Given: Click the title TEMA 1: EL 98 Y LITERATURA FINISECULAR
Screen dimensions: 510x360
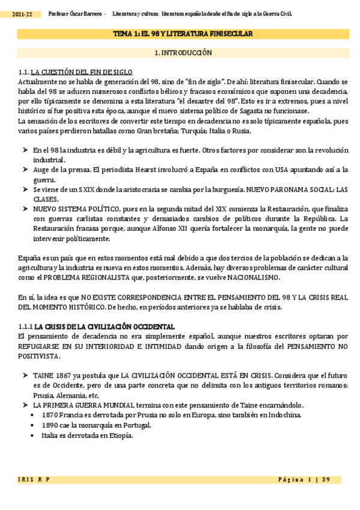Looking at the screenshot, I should (x=183, y=34).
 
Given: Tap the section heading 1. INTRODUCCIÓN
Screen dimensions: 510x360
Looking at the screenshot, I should (x=183, y=53).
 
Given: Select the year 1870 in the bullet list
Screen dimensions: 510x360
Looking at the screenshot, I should (x=50, y=416).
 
